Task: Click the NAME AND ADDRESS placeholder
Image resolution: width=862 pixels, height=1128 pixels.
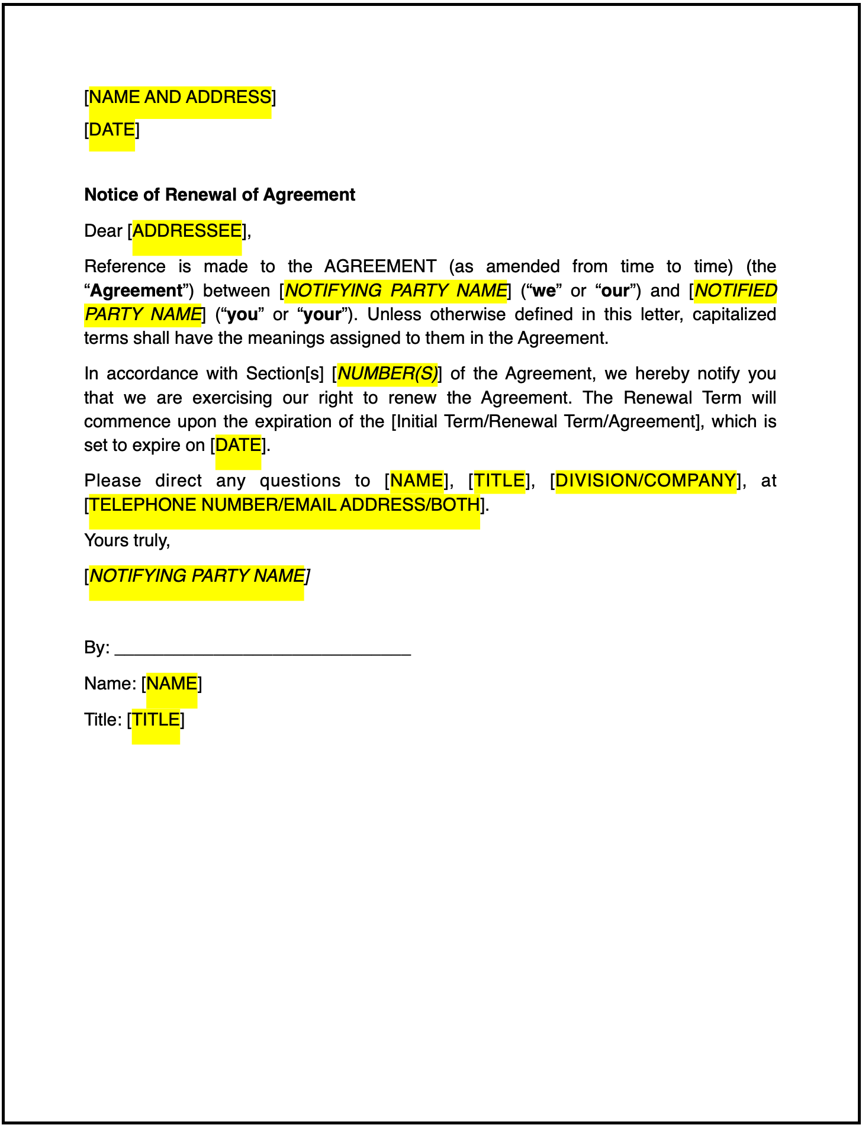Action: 180,97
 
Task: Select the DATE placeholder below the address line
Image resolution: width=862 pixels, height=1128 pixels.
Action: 112,130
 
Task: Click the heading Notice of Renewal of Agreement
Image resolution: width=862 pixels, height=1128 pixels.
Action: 220,195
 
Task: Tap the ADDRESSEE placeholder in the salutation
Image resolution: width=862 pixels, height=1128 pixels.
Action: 187,231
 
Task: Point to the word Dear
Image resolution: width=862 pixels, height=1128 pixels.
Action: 103,231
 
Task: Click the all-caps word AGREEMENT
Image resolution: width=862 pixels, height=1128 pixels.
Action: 380,267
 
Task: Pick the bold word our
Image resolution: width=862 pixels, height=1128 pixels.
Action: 615,291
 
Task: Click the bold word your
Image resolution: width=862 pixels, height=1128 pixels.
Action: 322,315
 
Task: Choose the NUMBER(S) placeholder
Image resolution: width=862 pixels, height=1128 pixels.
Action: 387,374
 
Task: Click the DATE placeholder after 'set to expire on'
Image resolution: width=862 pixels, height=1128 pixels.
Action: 239,445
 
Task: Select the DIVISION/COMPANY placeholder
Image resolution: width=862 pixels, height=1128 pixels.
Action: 646,481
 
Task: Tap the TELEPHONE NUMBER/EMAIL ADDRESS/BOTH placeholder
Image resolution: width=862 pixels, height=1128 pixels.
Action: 285,505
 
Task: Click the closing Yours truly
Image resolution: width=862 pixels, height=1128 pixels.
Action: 127,540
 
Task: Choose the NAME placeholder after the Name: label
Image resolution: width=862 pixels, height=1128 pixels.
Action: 172,684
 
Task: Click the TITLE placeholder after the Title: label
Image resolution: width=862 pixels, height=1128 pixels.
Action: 156,720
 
